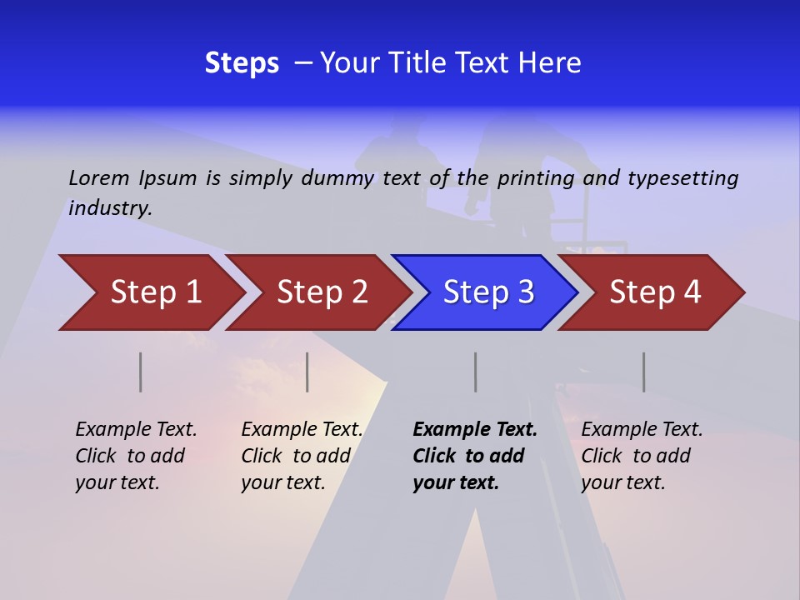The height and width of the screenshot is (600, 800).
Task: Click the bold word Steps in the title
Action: pyautogui.click(x=242, y=63)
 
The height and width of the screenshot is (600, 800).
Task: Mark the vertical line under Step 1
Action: pyautogui.click(x=141, y=372)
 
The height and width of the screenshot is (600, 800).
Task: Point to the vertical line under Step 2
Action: pyautogui.click(x=307, y=372)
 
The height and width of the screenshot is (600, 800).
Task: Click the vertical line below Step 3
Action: pyautogui.click(x=476, y=372)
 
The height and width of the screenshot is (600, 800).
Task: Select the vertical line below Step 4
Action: pyautogui.click(x=644, y=372)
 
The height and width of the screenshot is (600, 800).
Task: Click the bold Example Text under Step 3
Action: pyautogui.click(x=475, y=429)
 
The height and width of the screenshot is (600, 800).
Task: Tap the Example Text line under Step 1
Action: pyautogui.click(x=136, y=429)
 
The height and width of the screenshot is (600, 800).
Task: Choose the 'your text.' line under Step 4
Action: pyautogui.click(x=622, y=482)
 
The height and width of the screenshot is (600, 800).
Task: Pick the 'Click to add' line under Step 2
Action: pyautogui.click(x=296, y=456)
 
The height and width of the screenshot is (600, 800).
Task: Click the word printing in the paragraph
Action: pyautogui.click(x=534, y=177)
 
